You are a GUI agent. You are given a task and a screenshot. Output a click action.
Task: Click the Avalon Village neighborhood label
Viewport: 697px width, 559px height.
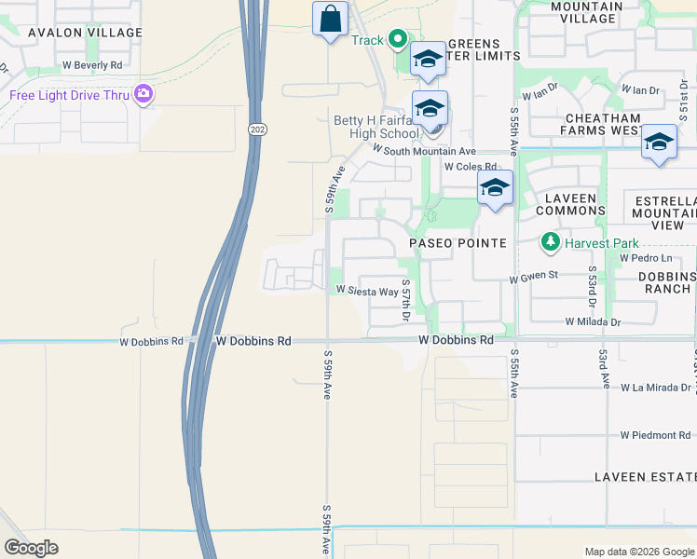tap(85, 33)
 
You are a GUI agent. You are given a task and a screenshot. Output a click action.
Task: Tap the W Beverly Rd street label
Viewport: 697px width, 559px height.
tap(92, 65)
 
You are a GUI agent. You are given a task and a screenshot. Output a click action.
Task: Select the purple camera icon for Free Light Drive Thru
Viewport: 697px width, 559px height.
tap(143, 94)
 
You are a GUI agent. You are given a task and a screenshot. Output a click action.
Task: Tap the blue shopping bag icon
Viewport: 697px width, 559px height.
tap(330, 19)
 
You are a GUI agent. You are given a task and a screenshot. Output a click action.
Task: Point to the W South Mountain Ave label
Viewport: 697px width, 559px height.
tap(424, 150)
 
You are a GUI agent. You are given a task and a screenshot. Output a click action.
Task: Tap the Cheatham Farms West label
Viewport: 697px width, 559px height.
tap(601, 125)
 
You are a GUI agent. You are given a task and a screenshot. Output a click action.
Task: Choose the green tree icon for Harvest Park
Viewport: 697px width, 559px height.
tap(550, 243)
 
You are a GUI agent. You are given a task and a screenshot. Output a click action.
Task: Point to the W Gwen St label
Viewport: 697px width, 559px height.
tap(533, 276)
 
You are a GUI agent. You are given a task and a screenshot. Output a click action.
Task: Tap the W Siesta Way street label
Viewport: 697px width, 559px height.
tap(367, 291)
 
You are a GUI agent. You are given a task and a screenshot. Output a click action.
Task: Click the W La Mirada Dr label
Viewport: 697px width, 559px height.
tap(656, 387)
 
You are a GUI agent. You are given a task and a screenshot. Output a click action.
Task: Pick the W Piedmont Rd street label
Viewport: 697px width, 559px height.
tap(656, 435)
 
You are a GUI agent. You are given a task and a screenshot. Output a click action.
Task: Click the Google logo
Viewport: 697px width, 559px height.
tap(31, 547)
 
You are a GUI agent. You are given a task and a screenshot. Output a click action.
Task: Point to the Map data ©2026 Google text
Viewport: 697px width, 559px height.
tap(639, 552)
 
